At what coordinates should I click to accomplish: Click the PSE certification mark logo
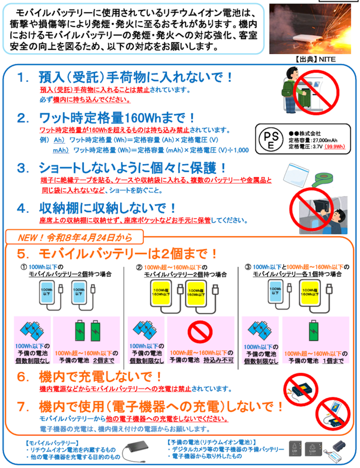point(271,139)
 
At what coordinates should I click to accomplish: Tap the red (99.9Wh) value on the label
point(335,147)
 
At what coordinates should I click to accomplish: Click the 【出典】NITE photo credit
point(316,59)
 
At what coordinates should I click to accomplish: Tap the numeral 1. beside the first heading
point(23,78)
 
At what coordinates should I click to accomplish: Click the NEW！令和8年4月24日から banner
point(75,238)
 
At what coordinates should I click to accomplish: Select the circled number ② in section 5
point(139,268)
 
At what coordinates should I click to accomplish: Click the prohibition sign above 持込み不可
point(200,331)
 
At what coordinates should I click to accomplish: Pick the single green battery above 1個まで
point(314,331)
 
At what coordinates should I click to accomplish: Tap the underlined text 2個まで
point(104,360)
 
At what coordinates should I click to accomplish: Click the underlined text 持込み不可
point(219,360)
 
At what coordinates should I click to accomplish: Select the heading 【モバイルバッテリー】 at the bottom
point(51,443)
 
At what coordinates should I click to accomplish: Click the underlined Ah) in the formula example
point(59,140)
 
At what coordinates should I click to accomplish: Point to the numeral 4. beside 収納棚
point(23,209)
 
